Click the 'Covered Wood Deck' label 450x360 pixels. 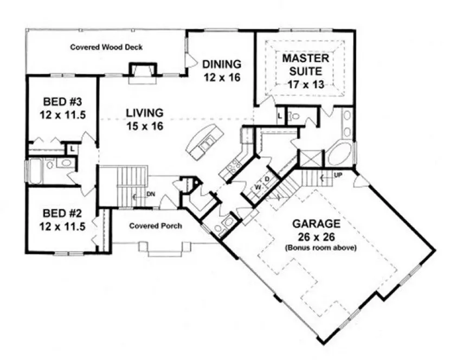click(106, 47)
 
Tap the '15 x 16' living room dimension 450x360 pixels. click(145, 126)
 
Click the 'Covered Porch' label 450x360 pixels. click(155, 226)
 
